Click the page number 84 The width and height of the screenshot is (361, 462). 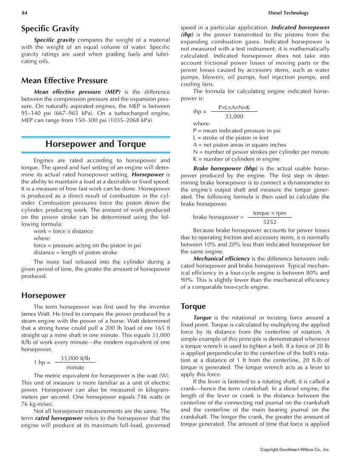click(25, 13)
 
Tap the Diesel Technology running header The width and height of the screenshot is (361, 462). click(289, 13)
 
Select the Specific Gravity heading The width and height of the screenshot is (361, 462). click(50, 29)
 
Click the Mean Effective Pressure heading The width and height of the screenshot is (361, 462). click(64, 81)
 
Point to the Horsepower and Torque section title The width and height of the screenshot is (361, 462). click(95, 144)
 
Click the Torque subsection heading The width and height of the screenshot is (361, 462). click(193, 306)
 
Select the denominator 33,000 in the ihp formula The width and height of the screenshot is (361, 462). click(234, 116)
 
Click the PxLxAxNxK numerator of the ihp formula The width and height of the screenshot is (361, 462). click(234, 108)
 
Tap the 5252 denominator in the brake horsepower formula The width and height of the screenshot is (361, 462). click(270, 222)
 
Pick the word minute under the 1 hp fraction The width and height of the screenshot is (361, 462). click(75, 367)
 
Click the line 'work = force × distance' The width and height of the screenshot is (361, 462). click(63, 231)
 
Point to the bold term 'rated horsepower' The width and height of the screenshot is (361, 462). click(59, 418)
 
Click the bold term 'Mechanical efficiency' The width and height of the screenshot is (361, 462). click(221, 258)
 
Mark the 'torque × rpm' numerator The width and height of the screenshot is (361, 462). click(270, 213)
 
